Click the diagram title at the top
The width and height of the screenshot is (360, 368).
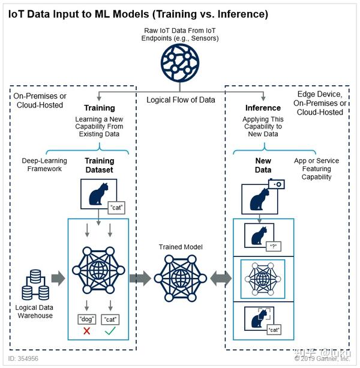tap(138, 13)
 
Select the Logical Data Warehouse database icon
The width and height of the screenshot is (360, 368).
tap(34, 285)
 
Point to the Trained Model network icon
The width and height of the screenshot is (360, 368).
tap(180, 277)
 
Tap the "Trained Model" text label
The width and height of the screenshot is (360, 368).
tap(180, 247)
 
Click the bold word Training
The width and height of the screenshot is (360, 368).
tap(99, 108)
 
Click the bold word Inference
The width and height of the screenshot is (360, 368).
tap(263, 108)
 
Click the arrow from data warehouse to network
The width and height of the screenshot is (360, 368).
tap(58, 278)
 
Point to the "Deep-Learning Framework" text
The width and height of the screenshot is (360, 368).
tap(45, 165)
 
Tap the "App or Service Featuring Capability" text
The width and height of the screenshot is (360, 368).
tap(316, 169)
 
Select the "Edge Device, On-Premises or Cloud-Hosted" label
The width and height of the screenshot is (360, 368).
tap(320, 103)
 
